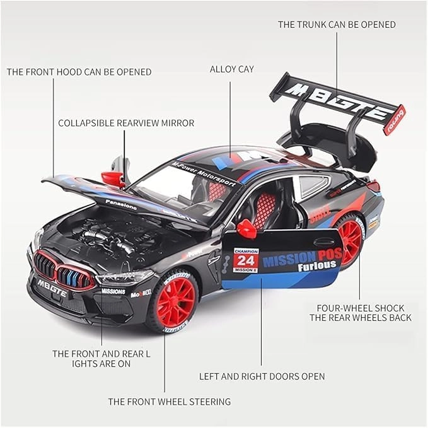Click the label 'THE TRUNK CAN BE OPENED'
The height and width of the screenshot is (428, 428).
pyautogui.click(x=337, y=25)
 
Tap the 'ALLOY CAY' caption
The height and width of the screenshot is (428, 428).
pyautogui.click(x=231, y=69)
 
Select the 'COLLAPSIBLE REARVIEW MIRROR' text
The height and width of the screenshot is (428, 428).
pyautogui.click(x=126, y=123)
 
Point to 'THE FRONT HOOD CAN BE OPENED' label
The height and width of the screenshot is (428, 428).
pyautogui.click(x=79, y=72)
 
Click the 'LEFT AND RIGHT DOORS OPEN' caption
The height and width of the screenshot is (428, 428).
pyautogui.click(x=262, y=376)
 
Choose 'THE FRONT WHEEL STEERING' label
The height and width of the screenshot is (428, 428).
pyautogui.click(x=169, y=402)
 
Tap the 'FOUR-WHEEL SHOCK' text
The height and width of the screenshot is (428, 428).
pyautogui.click(x=361, y=308)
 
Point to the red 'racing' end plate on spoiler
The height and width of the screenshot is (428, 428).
pyautogui.click(x=395, y=120)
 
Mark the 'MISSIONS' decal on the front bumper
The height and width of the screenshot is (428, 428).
pyautogui.click(x=113, y=291)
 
